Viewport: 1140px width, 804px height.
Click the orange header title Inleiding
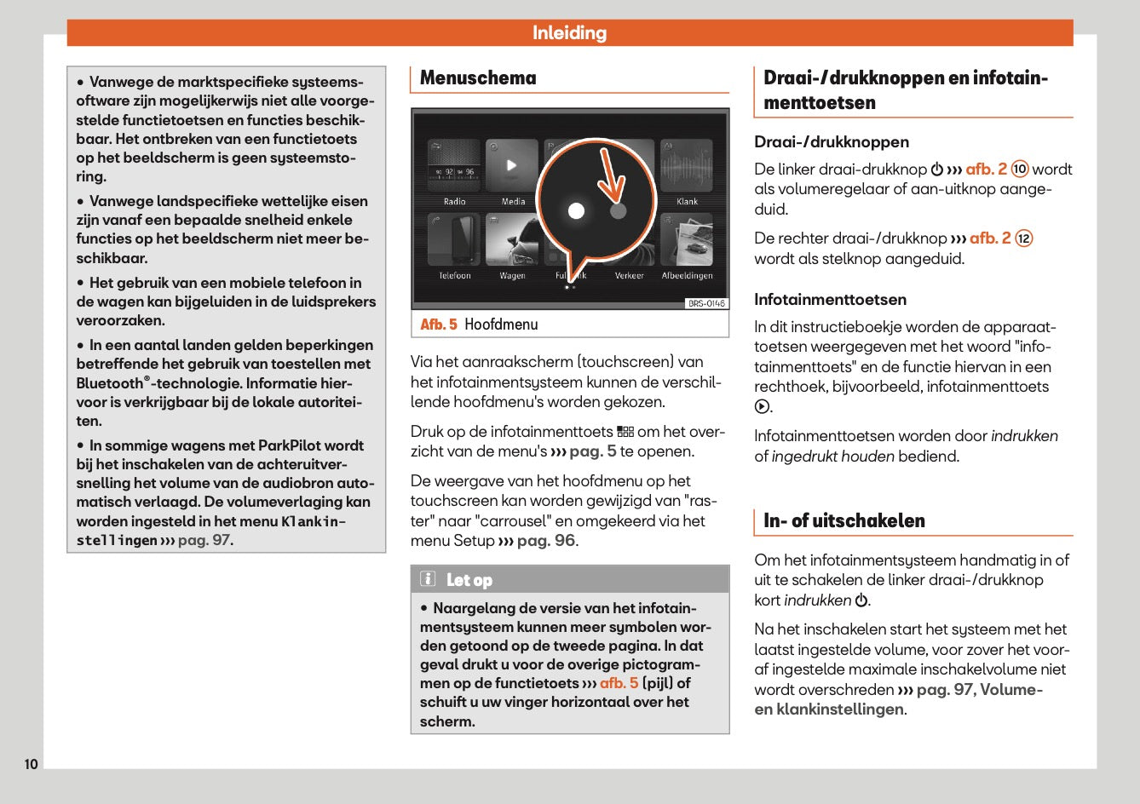tap(569, 33)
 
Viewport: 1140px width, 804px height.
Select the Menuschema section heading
tap(478, 78)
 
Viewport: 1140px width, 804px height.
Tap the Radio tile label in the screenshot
tap(454, 202)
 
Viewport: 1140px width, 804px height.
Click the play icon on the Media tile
tap(511, 165)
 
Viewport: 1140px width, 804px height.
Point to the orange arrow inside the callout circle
tap(613, 176)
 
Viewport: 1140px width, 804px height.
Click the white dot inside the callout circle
tap(577, 210)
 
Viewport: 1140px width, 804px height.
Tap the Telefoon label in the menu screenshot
tap(454, 276)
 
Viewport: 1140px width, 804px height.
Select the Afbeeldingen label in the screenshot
tap(687, 276)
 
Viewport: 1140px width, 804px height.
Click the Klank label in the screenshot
tap(687, 202)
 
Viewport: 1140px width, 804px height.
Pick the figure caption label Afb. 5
tap(439, 324)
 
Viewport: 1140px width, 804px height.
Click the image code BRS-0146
tap(706, 304)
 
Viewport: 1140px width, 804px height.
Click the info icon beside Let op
tap(428, 580)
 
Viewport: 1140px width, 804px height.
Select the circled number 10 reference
tap(1020, 169)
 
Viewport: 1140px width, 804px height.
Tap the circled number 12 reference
tap(1024, 238)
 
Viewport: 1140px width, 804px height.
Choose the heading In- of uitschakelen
tap(843, 521)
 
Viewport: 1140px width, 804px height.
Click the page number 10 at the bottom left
tap(31, 764)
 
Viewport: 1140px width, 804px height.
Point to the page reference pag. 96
tap(545, 541)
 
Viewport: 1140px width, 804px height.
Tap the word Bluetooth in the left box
tap(110, 383)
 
